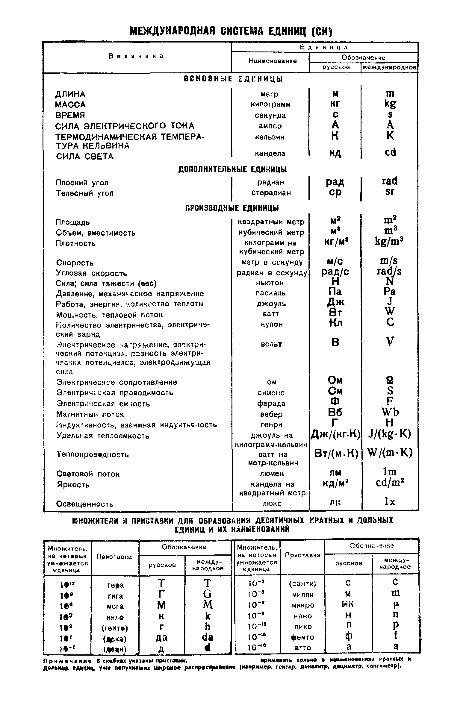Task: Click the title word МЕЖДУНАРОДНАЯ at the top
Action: pyautogui.click(x=172, y=31)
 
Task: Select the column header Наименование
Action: pyautogui.click(x=273, y=61)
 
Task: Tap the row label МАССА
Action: pyautogui.click(x=70, y=105)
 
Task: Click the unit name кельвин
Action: pyautogui.click(x=270, y=137)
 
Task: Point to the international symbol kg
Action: pyautogui.click(x=390, y=104)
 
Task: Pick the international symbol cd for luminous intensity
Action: pyautogui.click(x=390, y=152)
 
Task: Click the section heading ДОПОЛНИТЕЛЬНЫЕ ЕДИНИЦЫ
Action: pyautogui.click(x=232, y=169)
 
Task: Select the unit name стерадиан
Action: pyautogui.click(x=271, y=193)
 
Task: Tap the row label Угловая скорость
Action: pyautogui.click(x=92, y=274)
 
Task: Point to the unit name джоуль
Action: pyautogui.click(x=271, y=304)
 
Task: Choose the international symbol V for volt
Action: pyautogui.click(x=390, y=342)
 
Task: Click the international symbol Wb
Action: pyautogui.click(x=390, y=412)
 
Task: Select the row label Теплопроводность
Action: pyautogui.click(x=93, y=455)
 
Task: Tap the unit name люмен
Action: pyautogui.click(x=272, y=474)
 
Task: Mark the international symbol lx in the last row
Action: pyautogui.click(x=390, y=502)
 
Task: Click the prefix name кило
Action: pyautogui.click(x=115, y=618)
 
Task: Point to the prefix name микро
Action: pyautogui.click(x=303, y=605)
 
